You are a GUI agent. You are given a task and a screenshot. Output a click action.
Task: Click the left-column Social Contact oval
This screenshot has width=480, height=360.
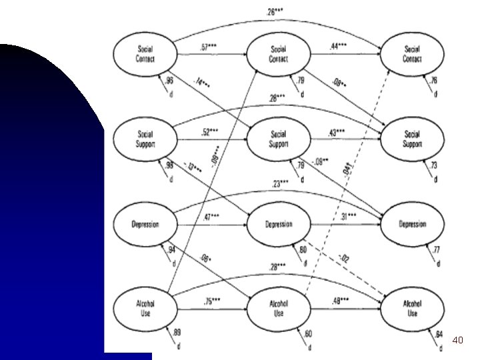(145, 53)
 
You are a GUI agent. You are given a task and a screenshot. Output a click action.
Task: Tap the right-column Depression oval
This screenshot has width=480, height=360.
(412, 224)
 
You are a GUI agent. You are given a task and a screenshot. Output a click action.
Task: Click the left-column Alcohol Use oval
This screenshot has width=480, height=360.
(145, 308)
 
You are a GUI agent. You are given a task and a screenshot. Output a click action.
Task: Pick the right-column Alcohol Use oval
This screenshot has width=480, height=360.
(412, 308)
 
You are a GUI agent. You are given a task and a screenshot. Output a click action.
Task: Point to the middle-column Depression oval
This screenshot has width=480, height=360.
(279, 224)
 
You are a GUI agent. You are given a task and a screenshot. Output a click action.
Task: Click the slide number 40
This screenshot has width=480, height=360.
(457, 341)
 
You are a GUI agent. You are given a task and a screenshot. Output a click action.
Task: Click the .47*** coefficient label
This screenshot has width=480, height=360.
(211, 217)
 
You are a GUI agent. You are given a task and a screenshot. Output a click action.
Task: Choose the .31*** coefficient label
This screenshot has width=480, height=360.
(347, 217)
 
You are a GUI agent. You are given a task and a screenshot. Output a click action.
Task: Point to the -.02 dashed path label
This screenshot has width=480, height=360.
(344, 258)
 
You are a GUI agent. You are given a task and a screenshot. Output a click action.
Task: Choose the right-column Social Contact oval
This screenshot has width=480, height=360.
(412, 53)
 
